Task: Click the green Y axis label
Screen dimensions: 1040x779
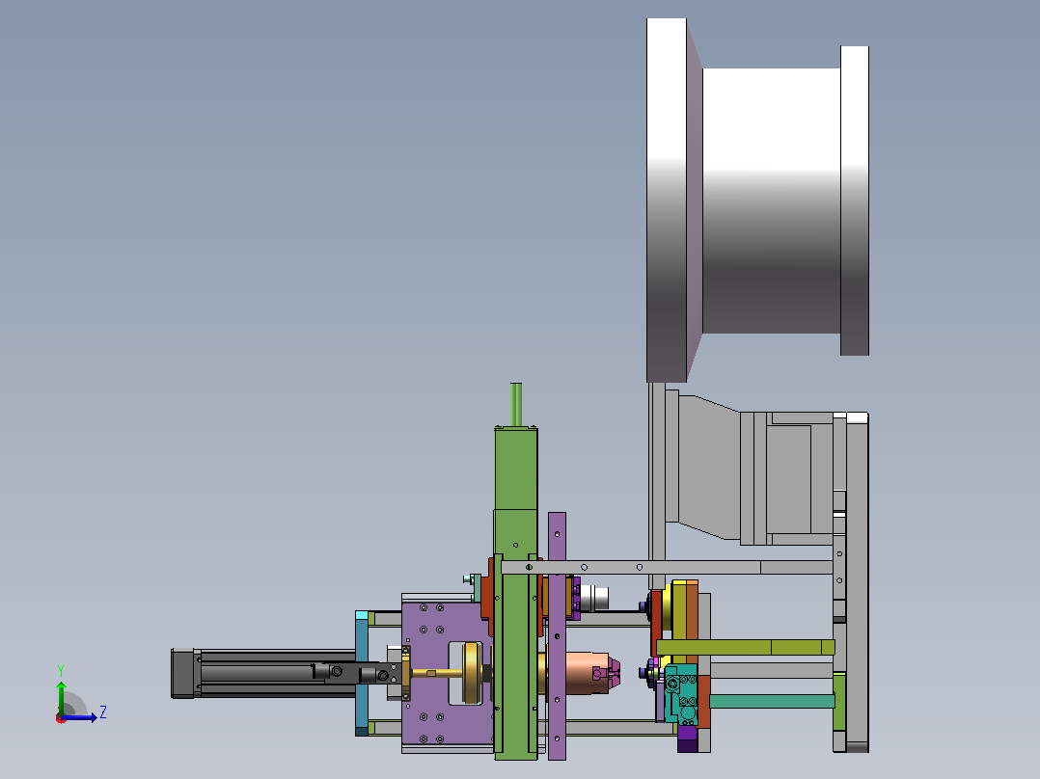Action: pyautogui.click(x=61, y=670)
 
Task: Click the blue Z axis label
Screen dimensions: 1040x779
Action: pyautogui.click(x=103, y=712)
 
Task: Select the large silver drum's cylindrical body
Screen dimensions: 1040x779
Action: pyautogui.click(x=772, y=201)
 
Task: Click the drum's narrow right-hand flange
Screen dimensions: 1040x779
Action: pyautogui.click(x=855, y=201)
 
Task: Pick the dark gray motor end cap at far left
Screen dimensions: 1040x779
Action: pyautogui.click(x=182, y=673)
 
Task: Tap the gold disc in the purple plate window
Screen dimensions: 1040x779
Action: pyautogui.click(x=472, y=673)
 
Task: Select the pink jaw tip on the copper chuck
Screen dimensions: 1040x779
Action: pyautogui.click(x=615, y=672)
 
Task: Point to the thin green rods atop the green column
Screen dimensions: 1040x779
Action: pyautogui.click(x=516, y=404)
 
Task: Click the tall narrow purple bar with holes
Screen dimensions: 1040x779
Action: pyautogui.click(x=558, y=635)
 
